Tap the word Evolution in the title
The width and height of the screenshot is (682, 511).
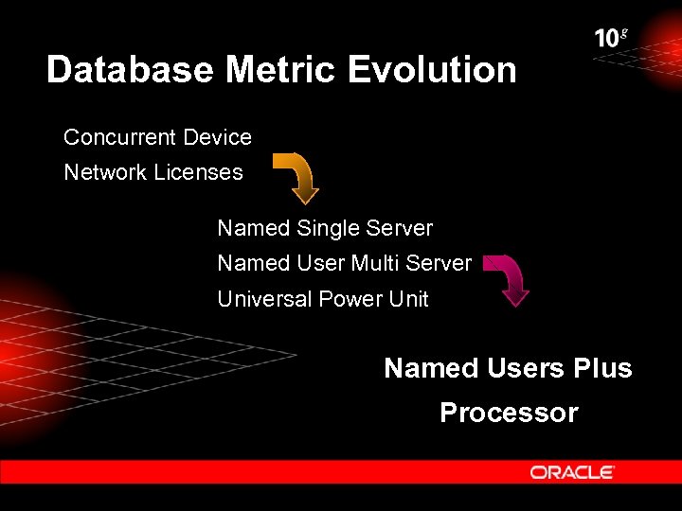pos(432,70)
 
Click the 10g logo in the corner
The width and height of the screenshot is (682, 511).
pos(610,38)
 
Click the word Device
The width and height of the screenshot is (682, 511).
pos(217,137)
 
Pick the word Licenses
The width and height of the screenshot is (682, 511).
pos(198,172)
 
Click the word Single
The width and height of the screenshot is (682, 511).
pos(328,228)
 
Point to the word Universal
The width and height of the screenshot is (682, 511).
pos(264,299)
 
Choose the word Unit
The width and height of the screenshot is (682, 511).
pos(408,299)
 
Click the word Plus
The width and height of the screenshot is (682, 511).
pos(602,368)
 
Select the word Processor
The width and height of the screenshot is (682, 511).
pos(509,413)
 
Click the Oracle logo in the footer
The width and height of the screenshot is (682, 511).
pos(572,472)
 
